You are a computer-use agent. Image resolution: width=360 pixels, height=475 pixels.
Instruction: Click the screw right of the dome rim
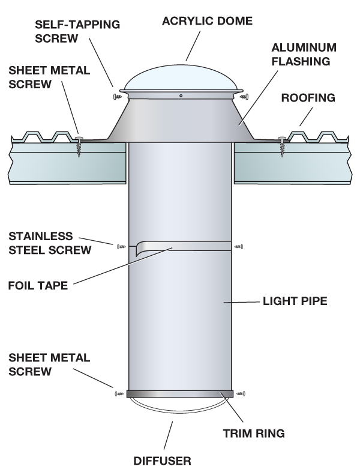tap(244, 95)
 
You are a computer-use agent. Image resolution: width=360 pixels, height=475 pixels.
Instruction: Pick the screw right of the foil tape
tap(239, 245)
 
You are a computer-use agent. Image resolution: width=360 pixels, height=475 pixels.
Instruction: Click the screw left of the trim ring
tap(118, 394)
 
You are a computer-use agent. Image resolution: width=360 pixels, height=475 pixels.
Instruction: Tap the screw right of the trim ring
tap(242, 394)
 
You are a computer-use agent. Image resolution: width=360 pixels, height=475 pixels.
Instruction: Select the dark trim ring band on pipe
tap(180, 394)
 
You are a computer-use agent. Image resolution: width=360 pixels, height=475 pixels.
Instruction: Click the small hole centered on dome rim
tap(181, 95)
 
